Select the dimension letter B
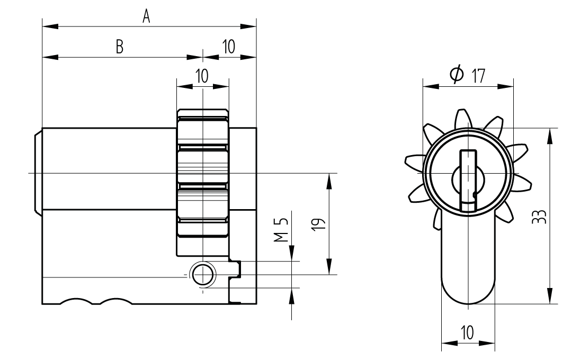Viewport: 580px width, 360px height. [120, 47]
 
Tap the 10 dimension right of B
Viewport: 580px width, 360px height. [229, 47]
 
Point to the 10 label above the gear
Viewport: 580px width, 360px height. [202, 76]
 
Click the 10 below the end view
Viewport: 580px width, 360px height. [467, 333]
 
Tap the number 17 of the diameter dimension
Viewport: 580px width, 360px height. [478, 76]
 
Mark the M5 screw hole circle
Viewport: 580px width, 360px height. [202, 274]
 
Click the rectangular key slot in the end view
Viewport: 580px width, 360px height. [468, 180]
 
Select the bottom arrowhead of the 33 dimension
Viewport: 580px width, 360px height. [550, 298]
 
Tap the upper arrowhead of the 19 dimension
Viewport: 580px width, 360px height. [329, 179]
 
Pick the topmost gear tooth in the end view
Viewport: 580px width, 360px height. [462, 119]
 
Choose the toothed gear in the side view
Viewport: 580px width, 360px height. [202, 175]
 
